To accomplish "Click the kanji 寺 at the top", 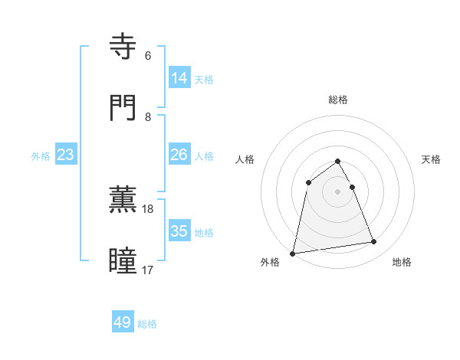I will [x=123, y=47].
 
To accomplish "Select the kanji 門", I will [x=123, y=107].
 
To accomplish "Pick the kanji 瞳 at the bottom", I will [x=123, y=260].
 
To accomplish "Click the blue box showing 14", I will [x=179, y=77].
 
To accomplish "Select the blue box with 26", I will [x=179, y=155].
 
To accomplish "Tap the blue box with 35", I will [x=179, y=231].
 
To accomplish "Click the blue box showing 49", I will [x=123, y=322].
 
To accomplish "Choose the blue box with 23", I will [x=66, y=155].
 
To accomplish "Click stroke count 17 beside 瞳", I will [x=148, y=270].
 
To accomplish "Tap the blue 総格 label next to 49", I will [x=147, y=324].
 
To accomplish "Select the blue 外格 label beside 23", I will [x=41, y=156].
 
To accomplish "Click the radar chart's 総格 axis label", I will [x=338, y=100].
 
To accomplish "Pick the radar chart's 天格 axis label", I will [x=431, y=159].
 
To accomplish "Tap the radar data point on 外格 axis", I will [x=293, y=253].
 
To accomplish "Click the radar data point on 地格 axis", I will [x=374, y=242].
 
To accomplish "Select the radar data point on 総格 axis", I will [x=338, y=162].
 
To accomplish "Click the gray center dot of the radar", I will [x=338, y=191].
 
